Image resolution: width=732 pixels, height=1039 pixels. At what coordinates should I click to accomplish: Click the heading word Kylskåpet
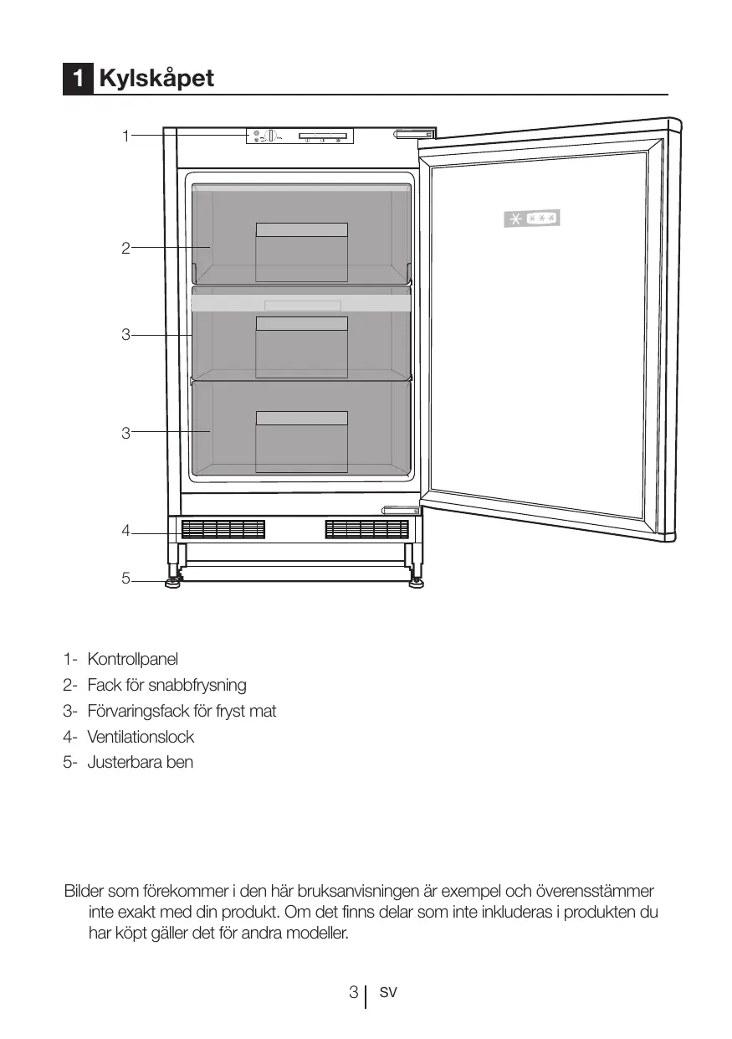pyautogui.click(x=156, y=79)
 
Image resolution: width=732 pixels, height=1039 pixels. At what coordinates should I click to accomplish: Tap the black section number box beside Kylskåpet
pyautogui.click(x=78, y=79)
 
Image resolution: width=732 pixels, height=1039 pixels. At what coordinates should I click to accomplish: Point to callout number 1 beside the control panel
pyautogui.click(x=125, y=135)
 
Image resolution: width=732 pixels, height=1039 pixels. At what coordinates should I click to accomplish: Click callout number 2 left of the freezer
pyautogui.click(x=125, y=248)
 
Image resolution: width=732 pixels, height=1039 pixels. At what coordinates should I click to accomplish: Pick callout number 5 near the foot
pyautogui.click(x=125, y=579)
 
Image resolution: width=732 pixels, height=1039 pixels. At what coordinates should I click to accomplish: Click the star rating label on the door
pyautogui.click(x=532, y=219)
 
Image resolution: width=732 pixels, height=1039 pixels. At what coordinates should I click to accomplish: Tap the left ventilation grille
pyautogui.click(x=223, y=529)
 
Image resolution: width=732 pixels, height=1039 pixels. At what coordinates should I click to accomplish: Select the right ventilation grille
pyautogui.click(x=366, y=529)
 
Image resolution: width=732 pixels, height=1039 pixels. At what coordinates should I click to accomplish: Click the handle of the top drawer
pyautogui.click(x=301, y=230)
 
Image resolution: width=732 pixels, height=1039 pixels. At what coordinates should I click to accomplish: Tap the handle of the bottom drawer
pyautogui.click(x=301, y=419)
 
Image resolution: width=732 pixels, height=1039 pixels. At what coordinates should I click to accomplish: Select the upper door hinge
pyautogui.click(x=415, y=134)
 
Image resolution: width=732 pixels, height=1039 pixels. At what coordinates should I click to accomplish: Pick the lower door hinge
pyautogui.click(x=403, y=510)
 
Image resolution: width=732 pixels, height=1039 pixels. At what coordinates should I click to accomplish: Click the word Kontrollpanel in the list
pyautogui.click(x=133, y=659)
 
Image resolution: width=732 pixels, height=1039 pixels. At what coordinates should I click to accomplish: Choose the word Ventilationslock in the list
pyautogui.click(x=141, y=737)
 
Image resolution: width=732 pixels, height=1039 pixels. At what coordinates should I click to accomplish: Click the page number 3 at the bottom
pyautogui.click(x=355, y=993)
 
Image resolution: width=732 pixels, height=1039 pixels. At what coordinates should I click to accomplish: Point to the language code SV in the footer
pyautogui.click(x=387, y=993)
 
